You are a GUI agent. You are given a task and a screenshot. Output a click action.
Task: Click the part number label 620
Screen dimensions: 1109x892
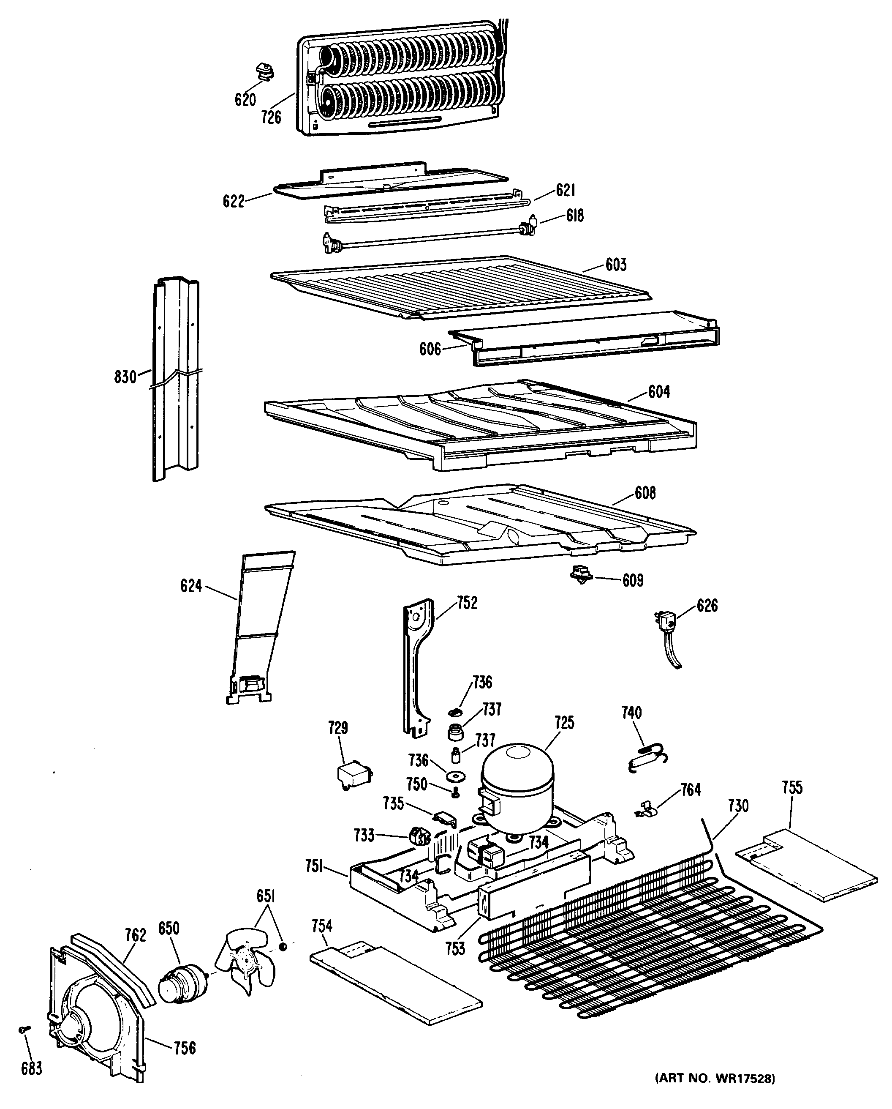pyautogui.click(x=245, y=99)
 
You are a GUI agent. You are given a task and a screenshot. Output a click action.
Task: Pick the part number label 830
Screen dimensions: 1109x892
pyautogui.click(x=125, y=377)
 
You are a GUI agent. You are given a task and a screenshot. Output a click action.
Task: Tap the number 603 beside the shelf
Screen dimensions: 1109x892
pyautogui.click(x=616, y=265)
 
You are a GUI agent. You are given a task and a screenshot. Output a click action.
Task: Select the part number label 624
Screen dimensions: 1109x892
pyautogui.click(x=191, y=586)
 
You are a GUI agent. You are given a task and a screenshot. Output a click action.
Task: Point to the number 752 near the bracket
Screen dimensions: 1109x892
pyautogui.click(x=467, y=603)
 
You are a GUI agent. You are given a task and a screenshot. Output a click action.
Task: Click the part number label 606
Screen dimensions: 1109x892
pyautogui.click(x=430, y=349)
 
